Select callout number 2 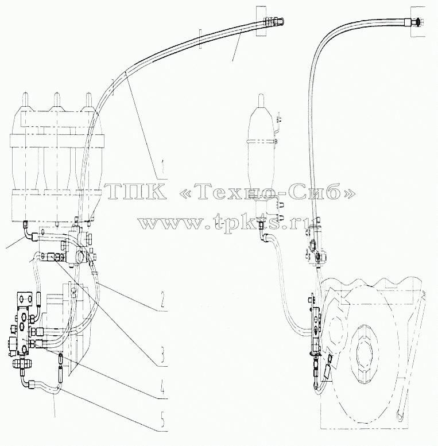coord(162,301)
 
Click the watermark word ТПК coord(135,191)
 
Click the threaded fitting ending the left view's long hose coord(275,21)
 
